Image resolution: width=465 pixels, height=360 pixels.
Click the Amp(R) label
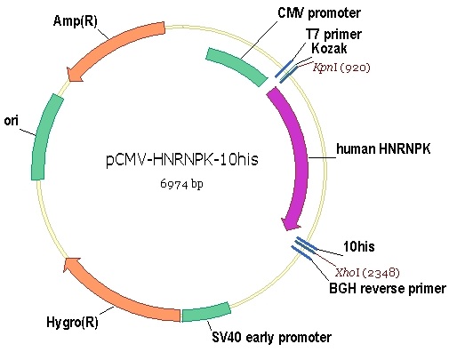tap(75, 21)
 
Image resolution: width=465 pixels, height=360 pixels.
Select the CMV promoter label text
tap(319, 12)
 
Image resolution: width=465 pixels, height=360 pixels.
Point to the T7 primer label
tap(333, 35)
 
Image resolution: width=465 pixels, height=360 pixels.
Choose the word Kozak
tap(329, 48)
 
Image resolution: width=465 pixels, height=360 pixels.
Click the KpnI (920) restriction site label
tap(341, 68)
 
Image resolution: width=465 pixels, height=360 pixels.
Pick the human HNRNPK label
tap(383, 148)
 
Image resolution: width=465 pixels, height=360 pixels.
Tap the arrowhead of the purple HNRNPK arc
tap(290, 224)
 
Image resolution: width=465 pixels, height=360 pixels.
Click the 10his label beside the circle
tap(359, 246)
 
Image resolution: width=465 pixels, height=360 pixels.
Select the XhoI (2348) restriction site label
tap(368, 272)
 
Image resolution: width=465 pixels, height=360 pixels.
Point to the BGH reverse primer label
tap(388, 289)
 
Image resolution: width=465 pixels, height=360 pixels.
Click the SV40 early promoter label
tap(272, 337)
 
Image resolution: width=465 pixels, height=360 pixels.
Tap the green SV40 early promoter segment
tap(206, 313)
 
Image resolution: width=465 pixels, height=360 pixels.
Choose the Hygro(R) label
tap(72, 322)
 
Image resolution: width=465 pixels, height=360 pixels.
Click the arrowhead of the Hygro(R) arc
tap(71, 264)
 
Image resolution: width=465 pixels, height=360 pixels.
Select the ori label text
tap(12, 121)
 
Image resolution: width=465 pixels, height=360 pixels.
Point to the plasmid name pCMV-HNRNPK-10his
tap(182, 159)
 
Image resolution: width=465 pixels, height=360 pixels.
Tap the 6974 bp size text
tap(181, 184)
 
